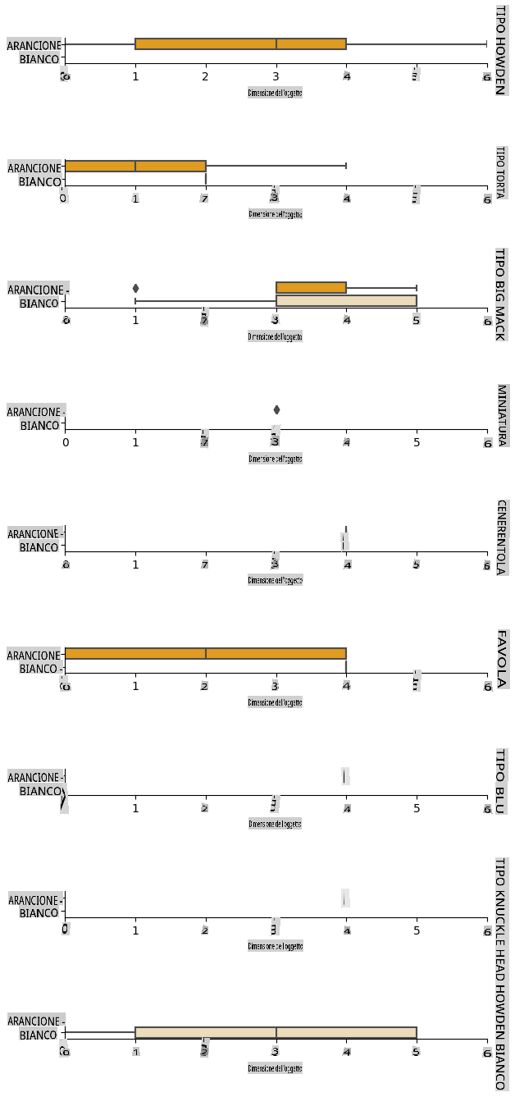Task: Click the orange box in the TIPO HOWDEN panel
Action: [240, 43]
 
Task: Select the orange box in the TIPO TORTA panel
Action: [134, 166]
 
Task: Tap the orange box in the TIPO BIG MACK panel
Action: [311, 287]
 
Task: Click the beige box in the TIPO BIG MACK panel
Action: [346, 300]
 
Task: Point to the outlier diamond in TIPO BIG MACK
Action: [135, 288]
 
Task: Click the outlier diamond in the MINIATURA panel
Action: [276, 409]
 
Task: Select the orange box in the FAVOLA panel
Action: [205, 653]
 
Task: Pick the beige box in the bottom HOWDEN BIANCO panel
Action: [276, 1032]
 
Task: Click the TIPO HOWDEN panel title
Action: [499, 49]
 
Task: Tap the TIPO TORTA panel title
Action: [499, 173]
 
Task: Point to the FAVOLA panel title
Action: [500, 657]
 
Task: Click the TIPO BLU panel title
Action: [500, 781]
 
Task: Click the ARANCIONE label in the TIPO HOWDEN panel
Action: [34, 46]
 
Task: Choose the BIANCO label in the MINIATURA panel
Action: [40, 426]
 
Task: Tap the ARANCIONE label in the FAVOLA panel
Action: [34, 656]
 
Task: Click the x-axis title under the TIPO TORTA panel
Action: [276, 214]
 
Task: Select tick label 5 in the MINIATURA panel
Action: [417, 443]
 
